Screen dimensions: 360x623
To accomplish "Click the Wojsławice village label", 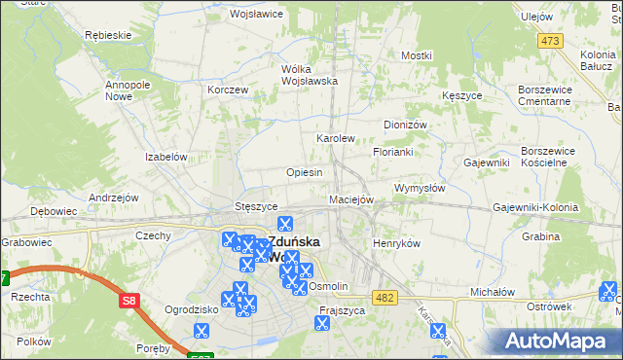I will point(254,15).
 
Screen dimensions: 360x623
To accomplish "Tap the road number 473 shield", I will point(550,40).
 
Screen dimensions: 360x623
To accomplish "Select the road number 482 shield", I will point(385,297).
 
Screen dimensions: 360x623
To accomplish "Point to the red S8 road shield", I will point(129,302).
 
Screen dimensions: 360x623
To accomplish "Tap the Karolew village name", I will point(336,139).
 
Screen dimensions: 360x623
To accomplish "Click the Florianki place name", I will point(394,153).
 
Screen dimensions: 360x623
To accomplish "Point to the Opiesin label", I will point(304,172).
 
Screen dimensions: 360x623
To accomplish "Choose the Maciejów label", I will point(351,199).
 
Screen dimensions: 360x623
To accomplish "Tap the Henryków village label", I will point(396,243).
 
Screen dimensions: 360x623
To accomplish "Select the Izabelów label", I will point(165,157).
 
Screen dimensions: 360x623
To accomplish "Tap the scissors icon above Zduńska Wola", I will point(285,224).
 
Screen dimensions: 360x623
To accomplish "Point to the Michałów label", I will point(492,291).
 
